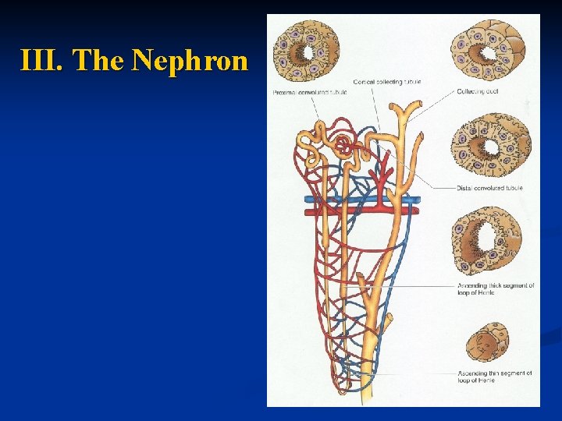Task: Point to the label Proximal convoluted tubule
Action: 309,92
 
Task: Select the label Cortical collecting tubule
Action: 386,82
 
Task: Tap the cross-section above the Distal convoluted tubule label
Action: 490,145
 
